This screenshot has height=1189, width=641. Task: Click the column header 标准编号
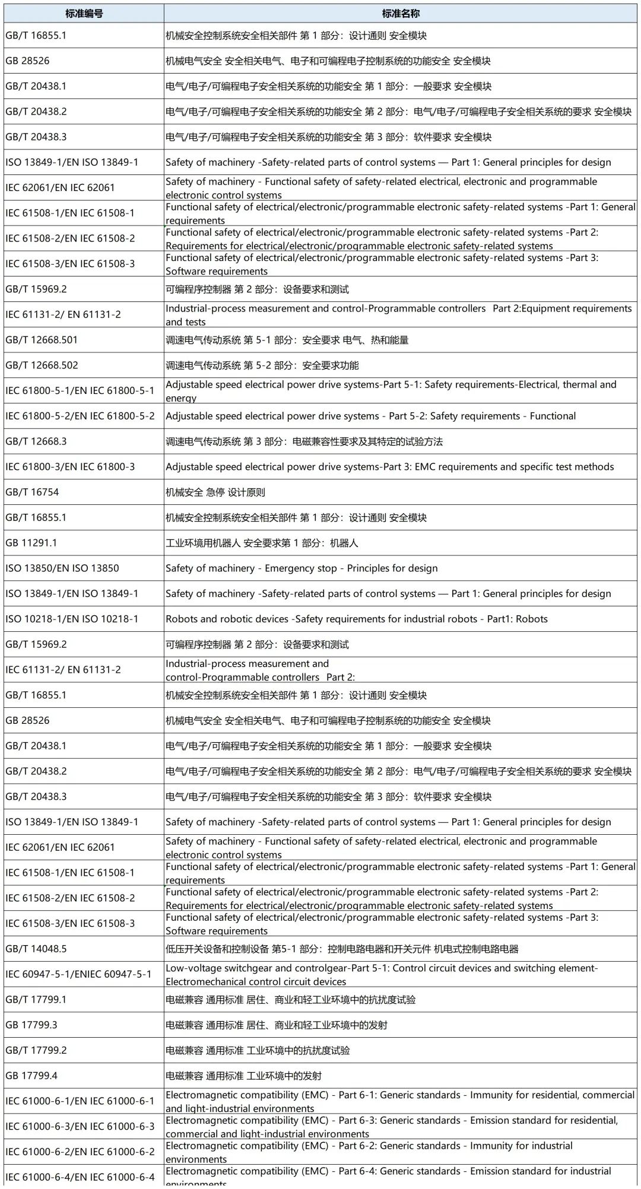click(x=84, y=13)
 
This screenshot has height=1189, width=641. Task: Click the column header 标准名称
click(x=401, y=13)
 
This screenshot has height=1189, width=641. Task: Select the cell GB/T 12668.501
click(x=42, y=340)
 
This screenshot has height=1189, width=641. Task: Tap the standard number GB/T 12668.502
click(x=42, y=365)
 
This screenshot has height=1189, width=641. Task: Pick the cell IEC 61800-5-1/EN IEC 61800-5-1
click(x=80, y=390)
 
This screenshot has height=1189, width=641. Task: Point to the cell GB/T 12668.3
click(x=36, y=441)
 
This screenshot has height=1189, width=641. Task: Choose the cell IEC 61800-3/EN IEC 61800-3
click(x=70, y=467)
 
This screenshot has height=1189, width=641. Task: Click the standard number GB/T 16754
click(x=32, y=492)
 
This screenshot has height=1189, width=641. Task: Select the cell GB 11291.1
click(x=31, y=543)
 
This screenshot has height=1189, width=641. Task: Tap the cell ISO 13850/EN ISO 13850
click(x=62, y=568)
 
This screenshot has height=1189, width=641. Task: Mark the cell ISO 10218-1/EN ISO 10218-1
click(x=72, y=619)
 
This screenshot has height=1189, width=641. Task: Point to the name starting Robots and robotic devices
click(x=357, y=619)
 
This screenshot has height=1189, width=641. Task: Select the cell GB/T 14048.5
click(x=36, y=949)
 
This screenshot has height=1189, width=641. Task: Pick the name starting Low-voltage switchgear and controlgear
click(x=382, y=974)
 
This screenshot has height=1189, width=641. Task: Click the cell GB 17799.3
click(x=31, y=1025)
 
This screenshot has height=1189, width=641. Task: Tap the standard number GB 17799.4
click(x=31, y=1076)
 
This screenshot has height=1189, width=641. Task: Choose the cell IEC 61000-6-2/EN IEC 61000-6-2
click(x=80, y=1152)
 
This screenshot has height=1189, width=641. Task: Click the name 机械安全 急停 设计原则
click(x=215, y=492)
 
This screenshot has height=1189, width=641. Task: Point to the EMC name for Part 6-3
click(x=392, y=1126)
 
